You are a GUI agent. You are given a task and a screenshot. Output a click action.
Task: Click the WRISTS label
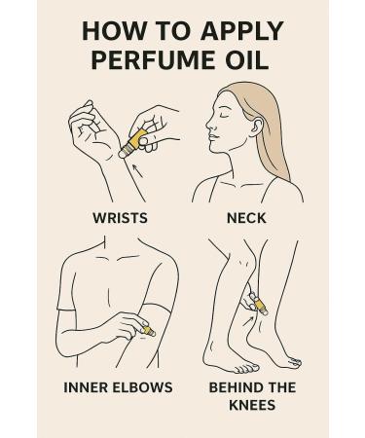tap(119, 218)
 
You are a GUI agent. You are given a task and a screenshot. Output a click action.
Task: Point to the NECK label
tap(246, 218)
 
